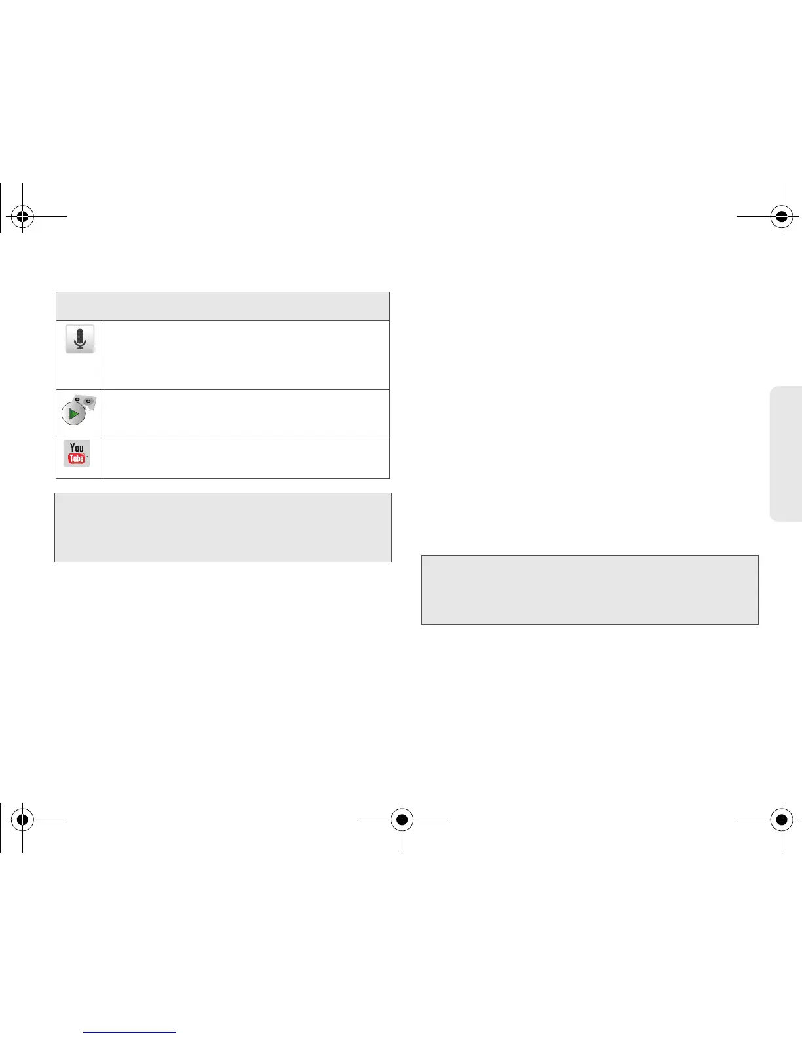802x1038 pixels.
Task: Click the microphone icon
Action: point(80,339)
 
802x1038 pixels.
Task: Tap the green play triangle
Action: point(74,414)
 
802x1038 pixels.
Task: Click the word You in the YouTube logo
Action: point(77,448)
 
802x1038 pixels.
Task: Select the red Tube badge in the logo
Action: point(77,459)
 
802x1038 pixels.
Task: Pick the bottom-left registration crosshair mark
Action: point(22,819)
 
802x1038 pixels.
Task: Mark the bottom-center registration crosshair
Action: point(402,819)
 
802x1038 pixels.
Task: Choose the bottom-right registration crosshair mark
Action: point(781,819)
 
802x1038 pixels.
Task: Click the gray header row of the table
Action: point(223,306)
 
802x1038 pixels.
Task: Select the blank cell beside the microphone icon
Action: point(245,355)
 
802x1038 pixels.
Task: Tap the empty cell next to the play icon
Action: point(245,413)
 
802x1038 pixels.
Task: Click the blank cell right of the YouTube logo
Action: point(245,457)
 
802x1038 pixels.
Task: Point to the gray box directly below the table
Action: point(223,528)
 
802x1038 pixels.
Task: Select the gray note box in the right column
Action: point(590,590)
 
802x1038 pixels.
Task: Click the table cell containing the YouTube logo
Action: point(79,457)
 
